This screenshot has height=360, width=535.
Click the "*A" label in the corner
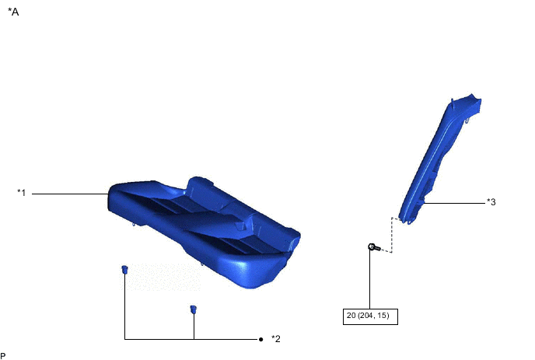[13, 12]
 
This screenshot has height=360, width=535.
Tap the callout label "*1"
[22, 193]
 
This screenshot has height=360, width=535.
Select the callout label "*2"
[276, 339]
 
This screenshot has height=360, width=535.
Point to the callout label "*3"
[491, 202]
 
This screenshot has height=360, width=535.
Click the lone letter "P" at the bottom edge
[3, 356]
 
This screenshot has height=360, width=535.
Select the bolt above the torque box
[374, 247]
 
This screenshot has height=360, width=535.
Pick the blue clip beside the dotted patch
[124, 270]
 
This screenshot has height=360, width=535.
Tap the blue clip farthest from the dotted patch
[193, 309]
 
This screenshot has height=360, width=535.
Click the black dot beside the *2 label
[261, 339]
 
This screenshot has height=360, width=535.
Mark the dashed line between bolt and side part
[391, 235]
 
